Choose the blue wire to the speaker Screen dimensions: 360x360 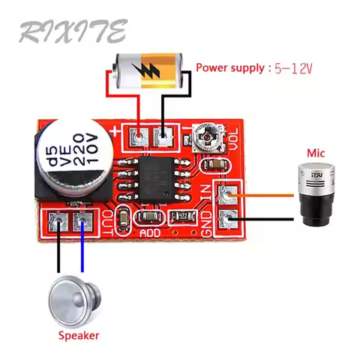(x=82, y=251)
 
